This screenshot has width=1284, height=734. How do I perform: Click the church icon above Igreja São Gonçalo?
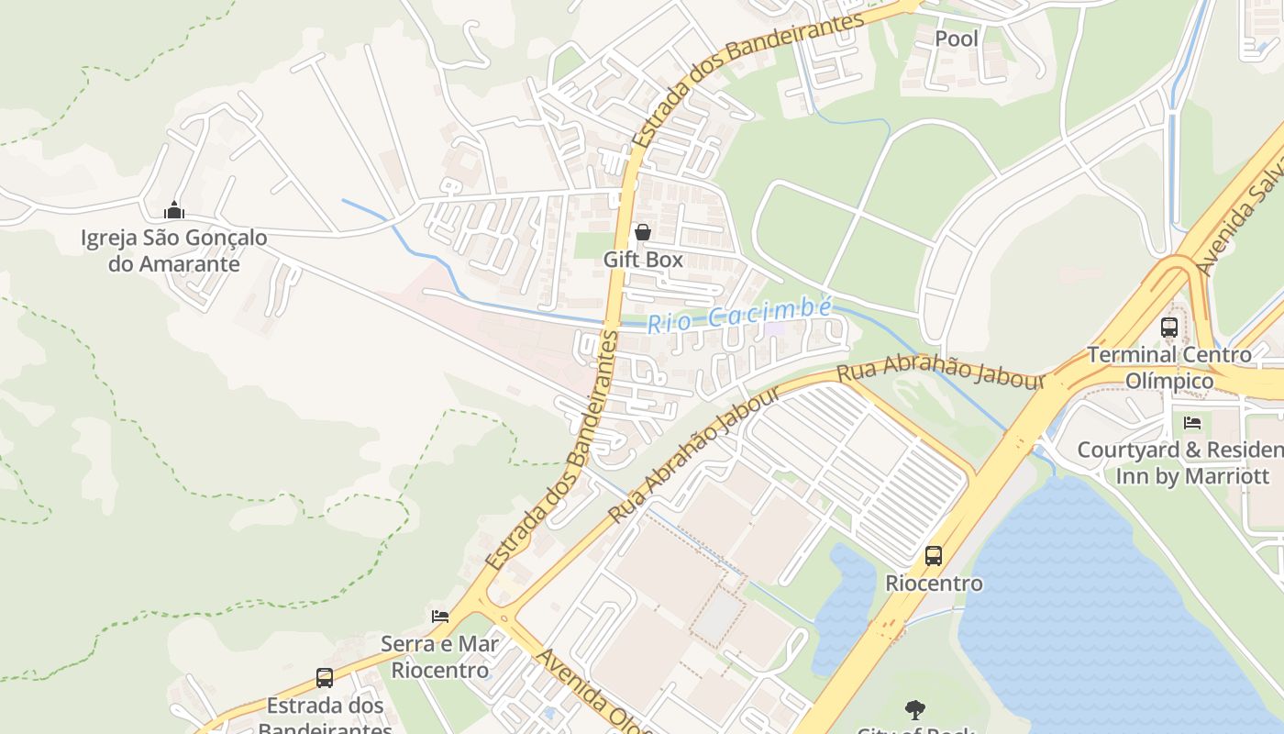[x=174, y=211]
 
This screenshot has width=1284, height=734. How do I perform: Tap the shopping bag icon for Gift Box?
[x=643, y=232]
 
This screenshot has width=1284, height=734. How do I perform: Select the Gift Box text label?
[x=643, y=260]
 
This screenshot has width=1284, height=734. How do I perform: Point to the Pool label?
[x=957, y=39]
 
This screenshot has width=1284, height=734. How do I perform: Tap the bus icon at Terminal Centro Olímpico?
[x=1169, y=327]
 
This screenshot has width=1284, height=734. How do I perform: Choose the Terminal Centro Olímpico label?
[x=1169, y=367]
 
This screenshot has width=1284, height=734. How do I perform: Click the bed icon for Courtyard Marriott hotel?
[x=1192, y=423]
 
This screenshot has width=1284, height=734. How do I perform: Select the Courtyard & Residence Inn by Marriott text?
[x=1179, y=463]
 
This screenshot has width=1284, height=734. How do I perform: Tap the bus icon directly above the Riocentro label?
[x=934, y=555]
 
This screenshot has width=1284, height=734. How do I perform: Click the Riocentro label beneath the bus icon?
[x=934, y=584]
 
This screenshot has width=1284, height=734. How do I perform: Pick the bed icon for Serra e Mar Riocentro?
[x=440, y=616]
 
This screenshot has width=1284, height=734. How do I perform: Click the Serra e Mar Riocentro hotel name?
[x=440, y=657]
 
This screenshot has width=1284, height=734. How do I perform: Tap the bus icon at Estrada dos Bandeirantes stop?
[x=325, y=678]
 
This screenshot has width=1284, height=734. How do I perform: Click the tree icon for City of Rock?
[x=914, y=709]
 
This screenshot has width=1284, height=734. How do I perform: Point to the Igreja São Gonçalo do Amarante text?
[x=174, y=251]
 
